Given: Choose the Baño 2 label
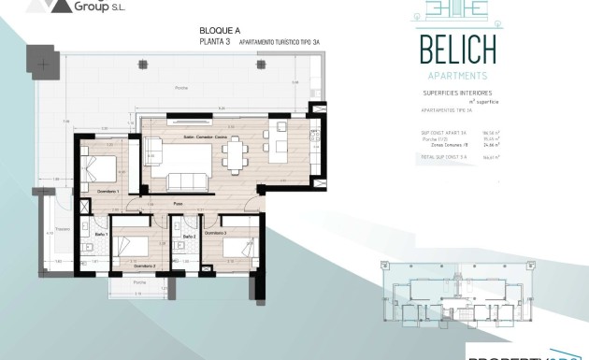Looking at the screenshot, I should (x=188, y=237).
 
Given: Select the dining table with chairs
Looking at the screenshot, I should (x=238, y=153).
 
